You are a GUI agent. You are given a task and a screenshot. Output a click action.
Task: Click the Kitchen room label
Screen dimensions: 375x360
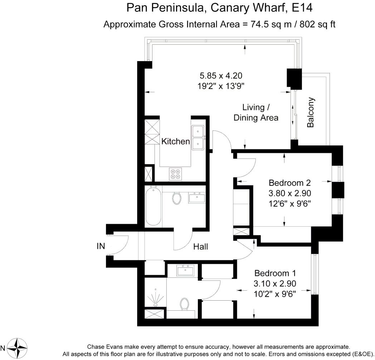click(176, 142)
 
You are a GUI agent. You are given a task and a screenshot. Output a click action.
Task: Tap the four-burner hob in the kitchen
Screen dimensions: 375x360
click(175, 174)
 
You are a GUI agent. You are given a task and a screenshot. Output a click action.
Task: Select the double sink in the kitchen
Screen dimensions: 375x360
click(198, 138)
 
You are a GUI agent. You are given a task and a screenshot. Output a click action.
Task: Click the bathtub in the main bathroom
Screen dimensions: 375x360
click(153, 206)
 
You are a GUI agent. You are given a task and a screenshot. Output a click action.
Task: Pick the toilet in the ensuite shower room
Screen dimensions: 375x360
click(184, 304)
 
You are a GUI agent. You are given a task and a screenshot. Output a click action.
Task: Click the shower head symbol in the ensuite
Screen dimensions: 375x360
click(156, 299)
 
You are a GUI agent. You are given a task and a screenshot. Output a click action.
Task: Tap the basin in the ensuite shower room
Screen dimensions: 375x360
click(185, 270)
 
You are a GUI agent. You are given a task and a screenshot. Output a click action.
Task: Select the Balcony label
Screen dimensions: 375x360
click(311, 112)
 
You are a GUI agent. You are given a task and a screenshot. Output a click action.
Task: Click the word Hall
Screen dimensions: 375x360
click(201, 247)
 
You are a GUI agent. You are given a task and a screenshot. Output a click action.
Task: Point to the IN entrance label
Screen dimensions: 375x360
click(101, 246)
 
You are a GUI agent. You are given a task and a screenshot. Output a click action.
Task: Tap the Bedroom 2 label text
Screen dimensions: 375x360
click(289, 183)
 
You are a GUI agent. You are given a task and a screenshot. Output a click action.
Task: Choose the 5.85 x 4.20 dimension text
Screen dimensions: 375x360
click(221, 76)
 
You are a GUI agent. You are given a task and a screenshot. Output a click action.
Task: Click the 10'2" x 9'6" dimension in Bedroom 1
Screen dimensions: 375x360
click(275, 294)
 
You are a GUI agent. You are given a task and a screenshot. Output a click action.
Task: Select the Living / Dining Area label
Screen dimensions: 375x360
click(256, 112)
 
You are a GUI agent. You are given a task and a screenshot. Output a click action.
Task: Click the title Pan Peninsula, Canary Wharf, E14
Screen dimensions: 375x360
click(219, 8)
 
